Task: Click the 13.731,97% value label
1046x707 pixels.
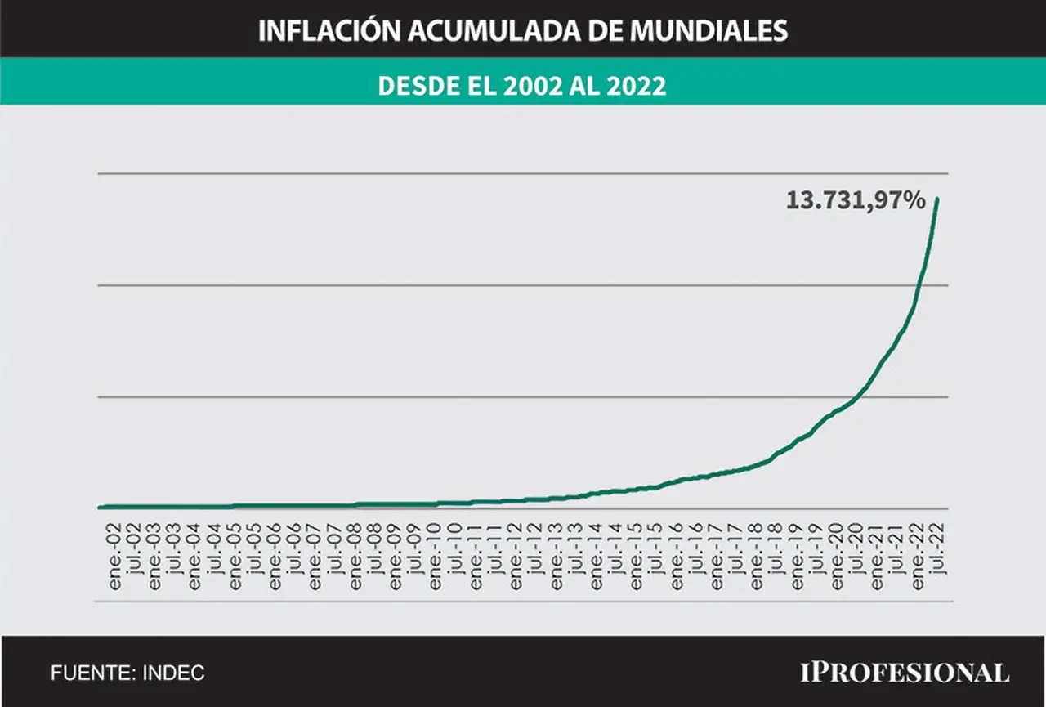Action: [856, 201]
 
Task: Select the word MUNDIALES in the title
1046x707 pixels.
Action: [709, 31]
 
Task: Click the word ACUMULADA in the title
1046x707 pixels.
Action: [494, 31]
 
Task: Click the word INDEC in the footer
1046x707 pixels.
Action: [173, 673]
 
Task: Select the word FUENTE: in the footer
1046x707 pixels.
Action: [93, 673]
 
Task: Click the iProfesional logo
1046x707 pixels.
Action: [905, 673]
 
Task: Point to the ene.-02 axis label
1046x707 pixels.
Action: [114, 556]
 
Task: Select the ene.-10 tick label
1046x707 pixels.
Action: [435, 556]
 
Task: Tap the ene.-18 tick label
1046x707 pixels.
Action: [756, 556]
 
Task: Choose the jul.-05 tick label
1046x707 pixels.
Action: [255, 548]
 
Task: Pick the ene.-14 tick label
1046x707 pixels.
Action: [596, 556]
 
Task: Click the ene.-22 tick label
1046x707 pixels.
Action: [917, 556]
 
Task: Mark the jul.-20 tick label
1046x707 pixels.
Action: [857, 548]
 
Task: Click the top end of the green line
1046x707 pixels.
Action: [937, 199]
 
